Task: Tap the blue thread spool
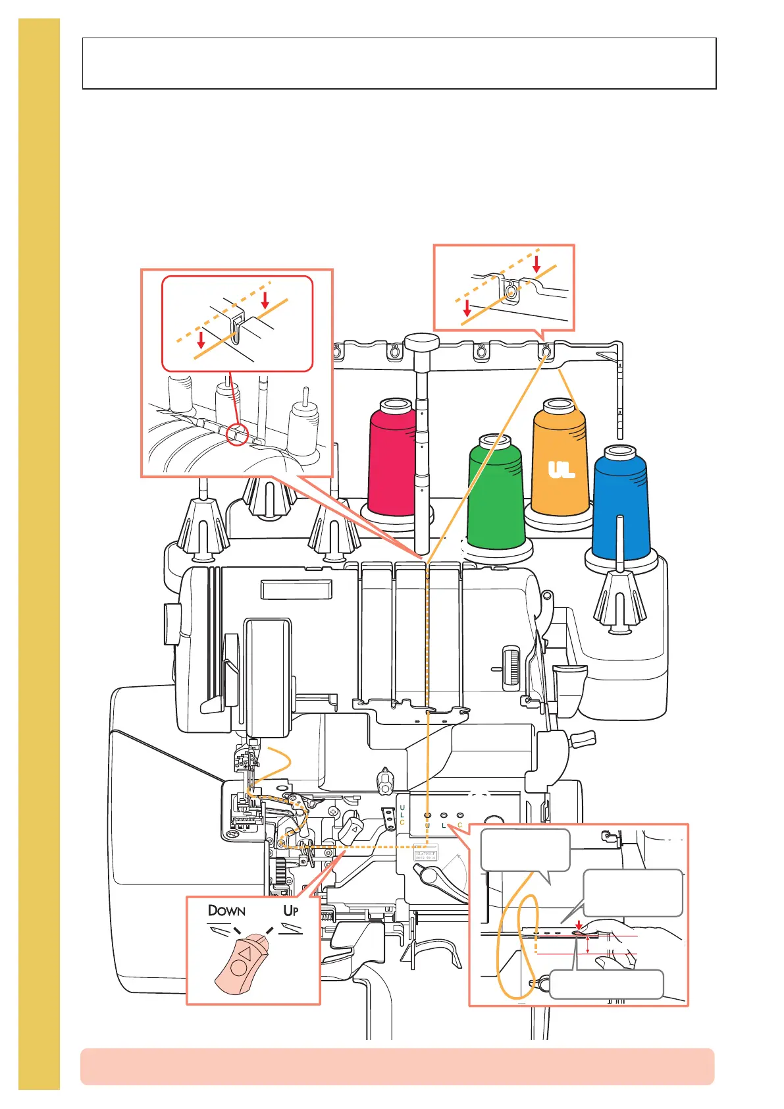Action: click(620, 504)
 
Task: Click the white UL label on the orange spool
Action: click(562, 470)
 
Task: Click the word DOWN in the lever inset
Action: click(226, 911)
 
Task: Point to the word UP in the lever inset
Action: click(291, 910)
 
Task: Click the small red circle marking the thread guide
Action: click(237, 435)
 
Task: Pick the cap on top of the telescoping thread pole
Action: click(421, 343)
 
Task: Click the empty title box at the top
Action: click(399, 63)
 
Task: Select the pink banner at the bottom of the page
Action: click(397, 1066)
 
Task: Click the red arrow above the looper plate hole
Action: click(579, 925)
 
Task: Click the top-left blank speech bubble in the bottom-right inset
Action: click(525, 850)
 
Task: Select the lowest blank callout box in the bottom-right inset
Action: click(606, 984)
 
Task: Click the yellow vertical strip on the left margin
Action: click(39, 553)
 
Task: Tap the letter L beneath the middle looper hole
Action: click(444, 825)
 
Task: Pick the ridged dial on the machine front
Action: click(511, 668)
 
